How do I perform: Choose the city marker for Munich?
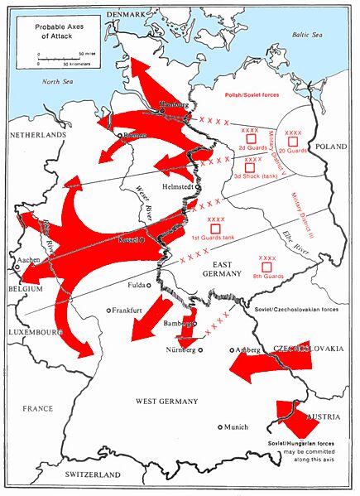(x=220, y=427)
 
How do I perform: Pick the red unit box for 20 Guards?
(x=291, y=142)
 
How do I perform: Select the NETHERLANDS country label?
(x=36, y=134)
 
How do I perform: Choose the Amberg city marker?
(x=233, y=351)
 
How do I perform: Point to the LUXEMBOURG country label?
(x=31, y=332)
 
